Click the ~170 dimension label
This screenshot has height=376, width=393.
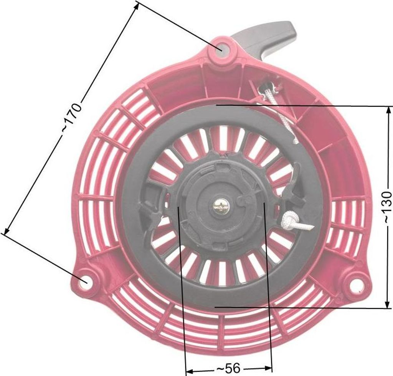pos(72,118)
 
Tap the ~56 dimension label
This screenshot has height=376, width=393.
pos(228,368)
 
